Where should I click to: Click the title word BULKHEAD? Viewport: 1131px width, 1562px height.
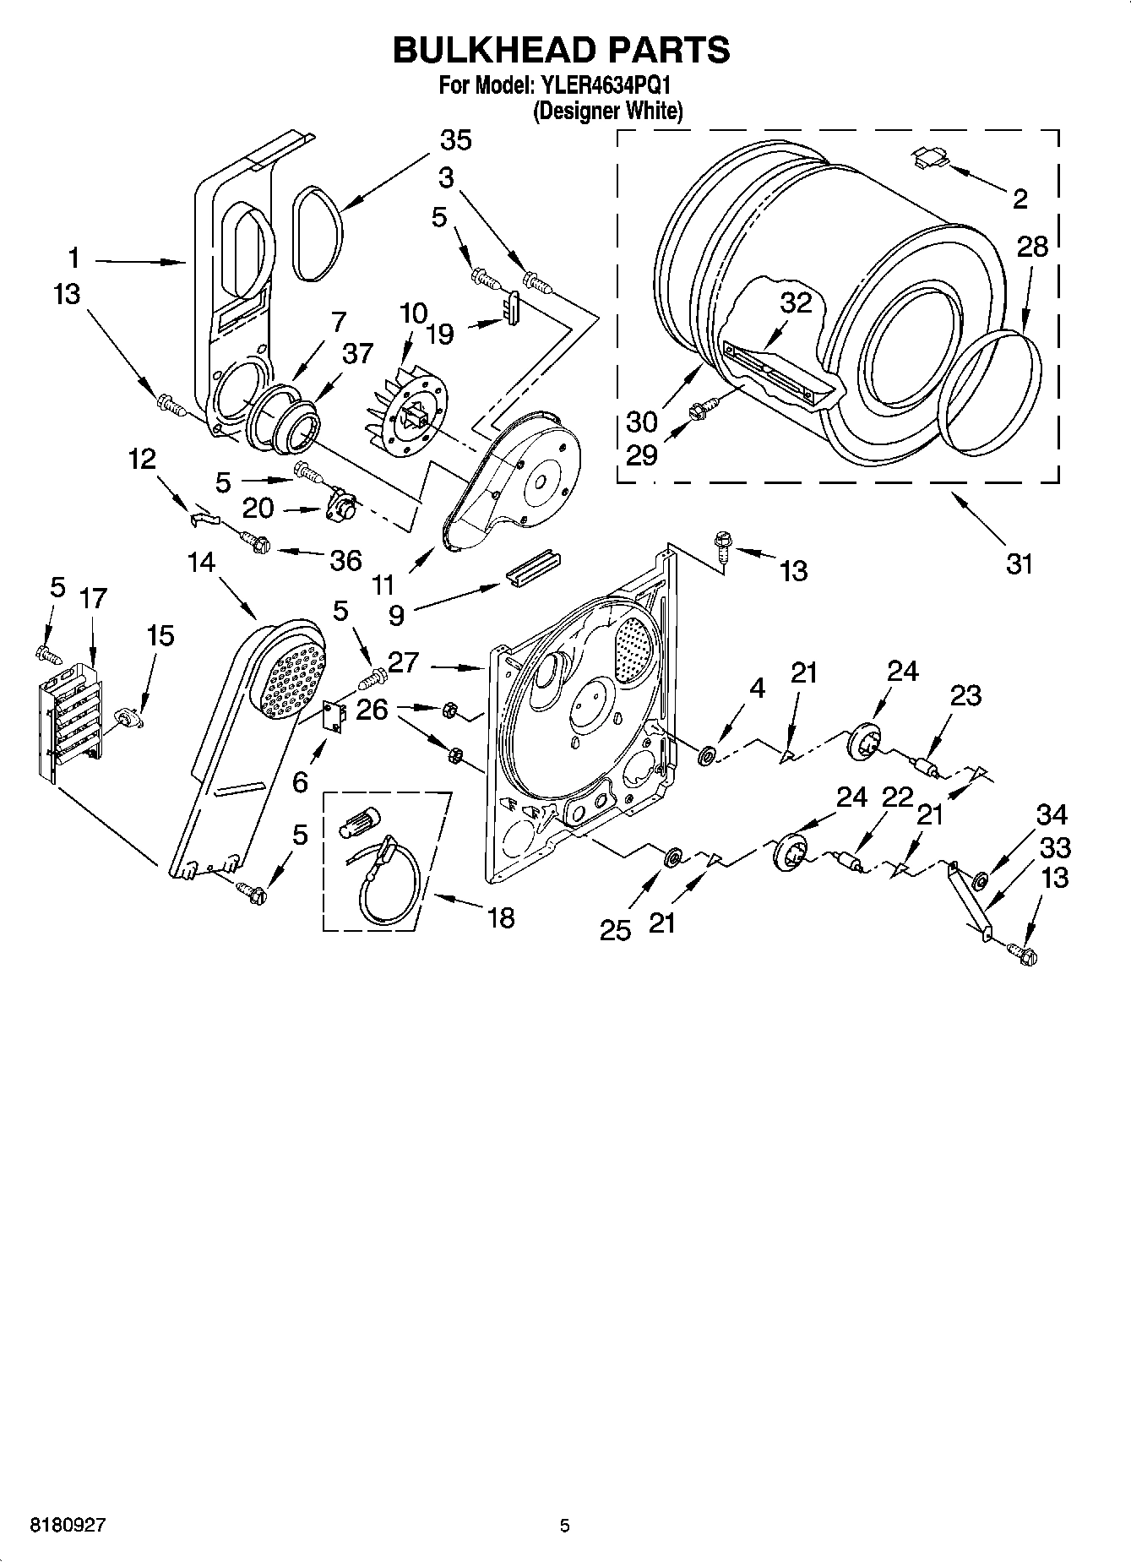click(485, 50)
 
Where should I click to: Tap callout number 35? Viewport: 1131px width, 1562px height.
click(455, 140)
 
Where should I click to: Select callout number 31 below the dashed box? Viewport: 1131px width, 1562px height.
click(1020, 563)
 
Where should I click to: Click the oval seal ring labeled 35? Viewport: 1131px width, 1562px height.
click(318, 234)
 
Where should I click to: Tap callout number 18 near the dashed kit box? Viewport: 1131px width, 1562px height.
click(501, 917)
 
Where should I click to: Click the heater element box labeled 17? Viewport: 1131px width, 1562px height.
click(72, 718)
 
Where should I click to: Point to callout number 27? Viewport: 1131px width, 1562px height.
click(404, 662)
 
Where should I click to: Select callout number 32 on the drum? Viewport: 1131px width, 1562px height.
click(795, 302)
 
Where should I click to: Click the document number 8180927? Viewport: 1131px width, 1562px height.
click(68, 1525)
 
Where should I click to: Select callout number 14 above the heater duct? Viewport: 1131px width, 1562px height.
click(201, 562)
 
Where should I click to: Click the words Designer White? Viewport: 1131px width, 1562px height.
click(607, 111)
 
